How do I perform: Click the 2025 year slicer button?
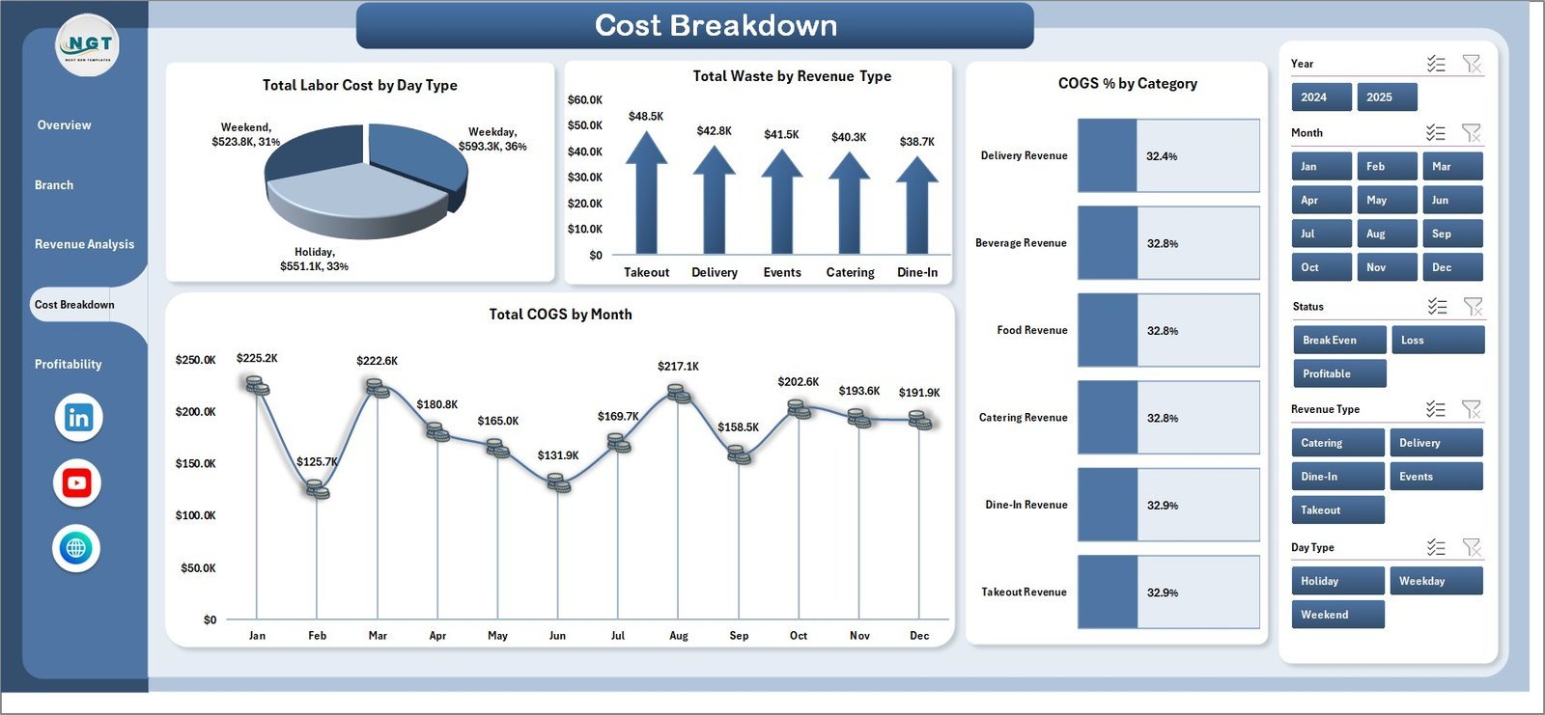pos(1387,97)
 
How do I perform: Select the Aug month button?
pos(1387,234)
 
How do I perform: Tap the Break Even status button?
pos(1339,340)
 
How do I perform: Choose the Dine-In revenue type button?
pos(1337,477)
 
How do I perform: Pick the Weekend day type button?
pos(1337,615)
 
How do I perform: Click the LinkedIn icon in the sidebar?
pos(78,418)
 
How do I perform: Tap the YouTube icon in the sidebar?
pos(77,482)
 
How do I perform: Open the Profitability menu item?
pos(68,364)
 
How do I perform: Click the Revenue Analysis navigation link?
pos(84,244)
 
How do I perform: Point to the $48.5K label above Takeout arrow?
pos(646,117)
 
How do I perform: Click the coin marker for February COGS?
pos(317,489)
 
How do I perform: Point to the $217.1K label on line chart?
pos(678,367)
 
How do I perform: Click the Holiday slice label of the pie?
pos(314,259)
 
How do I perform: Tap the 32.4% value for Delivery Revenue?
pos(1162,156)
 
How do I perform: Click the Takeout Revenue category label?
pos(1024,592)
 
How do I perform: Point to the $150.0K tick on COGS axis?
pos(195,464)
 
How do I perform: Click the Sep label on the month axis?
pos(739,636)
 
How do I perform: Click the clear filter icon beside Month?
pos(1471,132)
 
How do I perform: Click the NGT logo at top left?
pos(88,44)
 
